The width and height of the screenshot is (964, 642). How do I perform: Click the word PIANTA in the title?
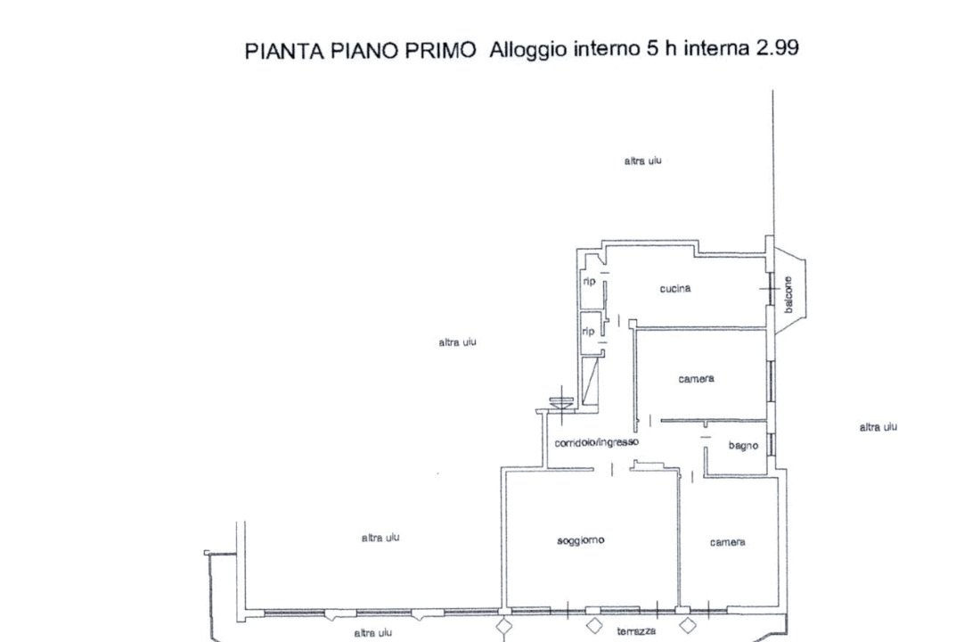(x=275, y=51)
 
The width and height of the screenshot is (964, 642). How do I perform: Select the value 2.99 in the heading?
(x=777, y=48)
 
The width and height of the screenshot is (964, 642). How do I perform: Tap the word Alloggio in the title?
(x=527, y=50)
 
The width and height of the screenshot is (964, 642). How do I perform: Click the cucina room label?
(x=675, y=289)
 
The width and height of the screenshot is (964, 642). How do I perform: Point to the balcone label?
(x=788, y=293)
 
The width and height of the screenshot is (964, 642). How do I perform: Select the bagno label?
(x=743, y=446)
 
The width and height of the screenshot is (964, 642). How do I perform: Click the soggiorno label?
(x=581, y=540)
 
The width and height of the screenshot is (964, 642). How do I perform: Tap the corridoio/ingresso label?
(x=596, y=442)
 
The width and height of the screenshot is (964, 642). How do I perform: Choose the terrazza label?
(x=636, y=631)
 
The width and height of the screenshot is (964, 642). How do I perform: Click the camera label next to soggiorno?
(x=727, y=542)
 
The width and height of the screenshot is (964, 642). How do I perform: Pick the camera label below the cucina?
(x=696, y=379)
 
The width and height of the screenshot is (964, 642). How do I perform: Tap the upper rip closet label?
(x=589, y=281)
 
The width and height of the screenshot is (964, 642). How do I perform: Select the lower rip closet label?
(x=589, y=330)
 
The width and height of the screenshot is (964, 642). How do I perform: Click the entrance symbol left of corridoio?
(x=562, y=402)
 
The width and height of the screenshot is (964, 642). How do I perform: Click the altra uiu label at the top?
(x=642, y=161)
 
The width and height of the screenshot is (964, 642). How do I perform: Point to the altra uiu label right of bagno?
(x=878, y=428)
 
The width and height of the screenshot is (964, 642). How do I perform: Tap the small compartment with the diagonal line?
(x=590, y=381)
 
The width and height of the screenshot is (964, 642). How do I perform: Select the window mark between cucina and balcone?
(x=769, y=288)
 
